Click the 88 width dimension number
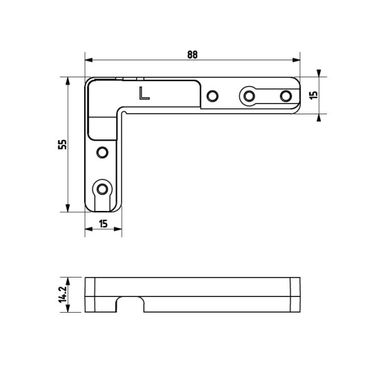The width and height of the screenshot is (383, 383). coord(192,55)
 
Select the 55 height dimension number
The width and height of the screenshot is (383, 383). coord(62,144)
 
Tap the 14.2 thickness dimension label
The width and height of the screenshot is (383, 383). coord(63,294)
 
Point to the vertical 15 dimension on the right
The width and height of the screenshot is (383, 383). coord(313,95)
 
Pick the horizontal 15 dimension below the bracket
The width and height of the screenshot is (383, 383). coord(104,224)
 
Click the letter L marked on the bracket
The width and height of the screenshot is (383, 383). coord(144,94)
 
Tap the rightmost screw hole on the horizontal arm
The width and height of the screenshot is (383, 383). coord(286,95)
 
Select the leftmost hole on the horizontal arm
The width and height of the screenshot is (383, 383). coord(212,95)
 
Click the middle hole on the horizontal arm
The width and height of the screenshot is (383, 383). coord(249,95)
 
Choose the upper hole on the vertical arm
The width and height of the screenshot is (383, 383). coord(102,153)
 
